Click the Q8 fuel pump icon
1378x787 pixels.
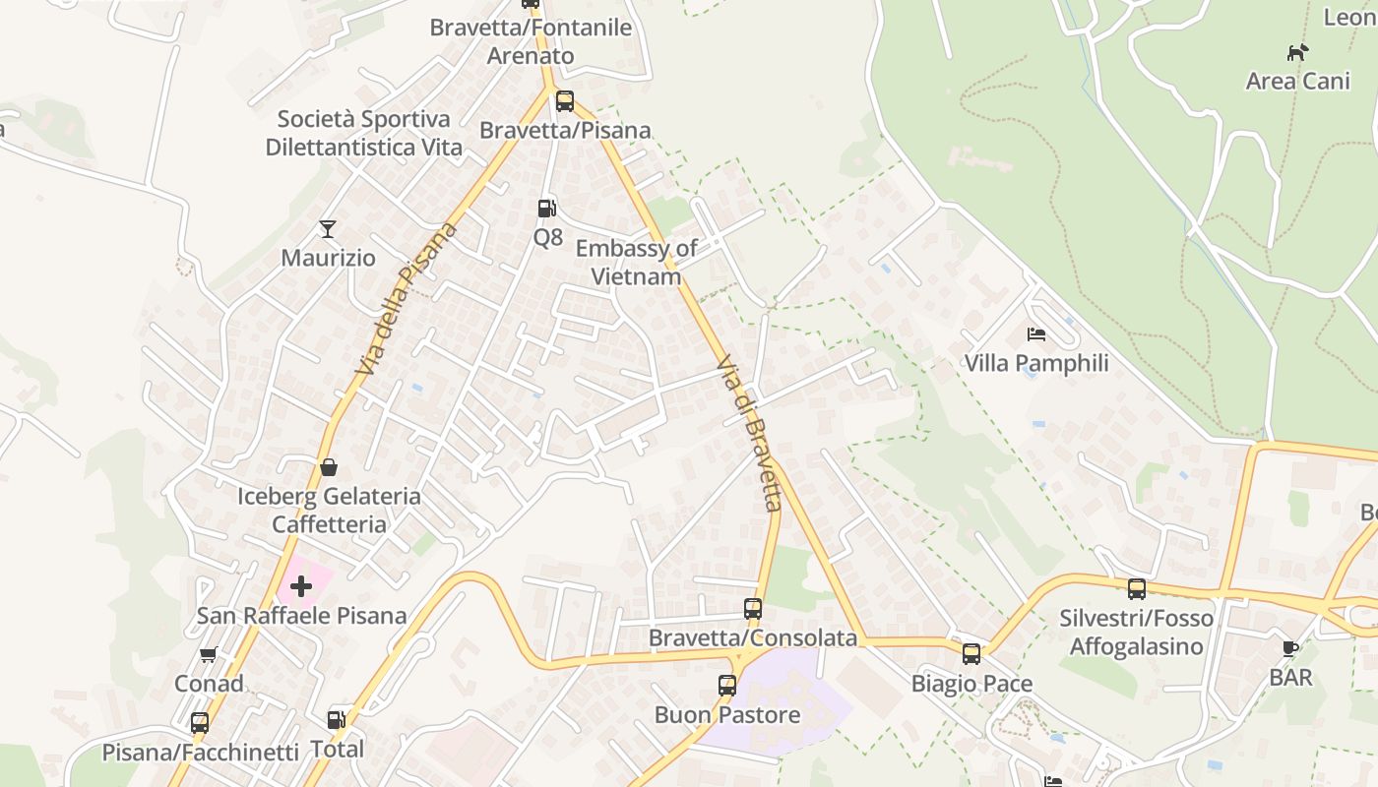click(x=546, y=208)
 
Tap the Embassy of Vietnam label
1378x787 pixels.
click(x=636, y=263)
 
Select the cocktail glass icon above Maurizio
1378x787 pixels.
click(x=328, y=229)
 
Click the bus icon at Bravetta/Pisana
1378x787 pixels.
click(x=565, y=100)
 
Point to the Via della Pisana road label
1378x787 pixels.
click(x=407, y=299)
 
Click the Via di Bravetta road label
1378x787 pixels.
click(x=751, y=433)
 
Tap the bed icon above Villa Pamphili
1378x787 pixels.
click(x=1035, y=334)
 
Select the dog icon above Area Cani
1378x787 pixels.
click(x=1297, y=52)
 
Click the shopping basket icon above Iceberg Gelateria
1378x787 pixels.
click(x=329, y=466)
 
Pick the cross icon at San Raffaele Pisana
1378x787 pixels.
click(x=301, y=586)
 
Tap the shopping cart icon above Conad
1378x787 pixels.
click(x=208, y=654)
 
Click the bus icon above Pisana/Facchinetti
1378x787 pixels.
click(x=200, y=723)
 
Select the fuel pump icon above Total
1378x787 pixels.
click(x=337, y=720)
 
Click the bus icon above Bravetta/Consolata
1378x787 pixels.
click(x=753, y=609)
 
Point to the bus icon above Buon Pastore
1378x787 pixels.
click(x=727, y=686)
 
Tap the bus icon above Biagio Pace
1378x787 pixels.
click(x=971, y=654)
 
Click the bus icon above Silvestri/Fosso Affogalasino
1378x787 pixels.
click(x=1137, y=589)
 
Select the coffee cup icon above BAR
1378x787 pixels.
click(x=1290, y=648)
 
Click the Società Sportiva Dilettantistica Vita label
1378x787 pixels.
click(x=364, y=134)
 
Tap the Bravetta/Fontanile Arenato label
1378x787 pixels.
click(x=531, y=41)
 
